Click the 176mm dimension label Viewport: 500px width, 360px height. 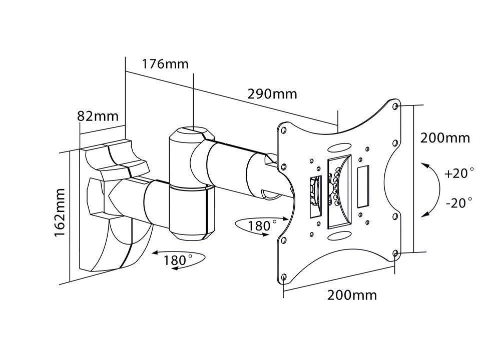pyautogui.click(x=165, y=64)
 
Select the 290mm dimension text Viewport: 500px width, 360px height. pyautogui.click(x=272, y=93)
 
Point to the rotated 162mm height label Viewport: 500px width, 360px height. pyautogui.click(x=60, y=212)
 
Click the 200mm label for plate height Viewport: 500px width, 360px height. pyautogui.click(x=445, y=137)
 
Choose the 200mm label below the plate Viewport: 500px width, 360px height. pyautogui.click(x=352, y=295)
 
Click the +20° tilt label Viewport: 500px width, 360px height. pyautogui.click(x=458, y=173)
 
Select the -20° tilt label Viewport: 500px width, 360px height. pyautogui.click(x=458, y=202)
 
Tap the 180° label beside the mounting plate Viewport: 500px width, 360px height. pyautogui.click(x=262, y=225)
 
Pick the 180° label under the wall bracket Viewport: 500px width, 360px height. pyautogui.click(x=178, y=260)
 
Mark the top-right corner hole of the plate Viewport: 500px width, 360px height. pyautogui.click(x=396, y=106)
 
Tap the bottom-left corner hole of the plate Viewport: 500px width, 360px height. pyautogui.click(x=284, y=276)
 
